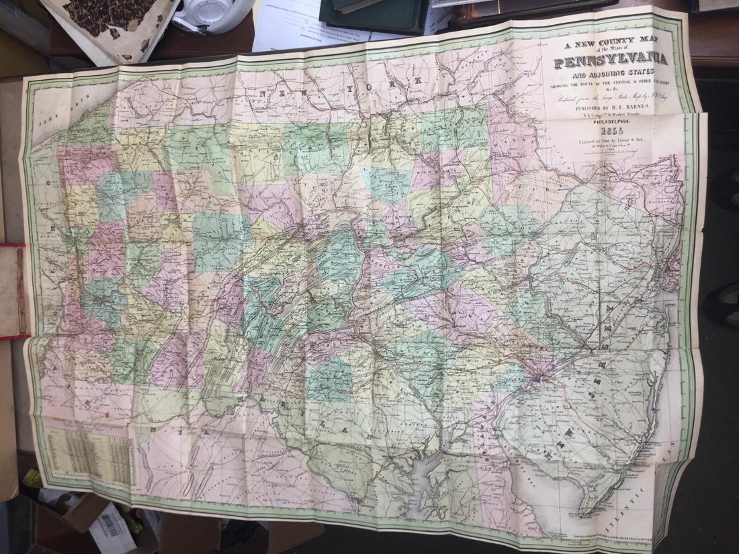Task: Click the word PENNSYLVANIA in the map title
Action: [610, 60]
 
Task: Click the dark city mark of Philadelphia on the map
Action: [537, 380]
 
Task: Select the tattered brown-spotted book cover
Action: [111, 24]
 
